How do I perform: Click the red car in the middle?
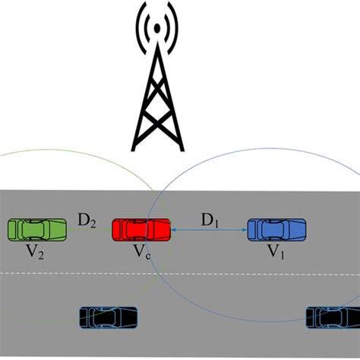(141, 229)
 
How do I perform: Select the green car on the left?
(37, 229)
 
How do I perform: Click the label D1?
(210, 219)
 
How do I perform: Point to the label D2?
(87, 222)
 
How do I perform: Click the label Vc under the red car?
(142, 252)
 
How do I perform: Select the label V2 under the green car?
(35, 253)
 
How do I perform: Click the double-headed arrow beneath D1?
(210, 229)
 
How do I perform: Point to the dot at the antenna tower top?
(157, 29)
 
